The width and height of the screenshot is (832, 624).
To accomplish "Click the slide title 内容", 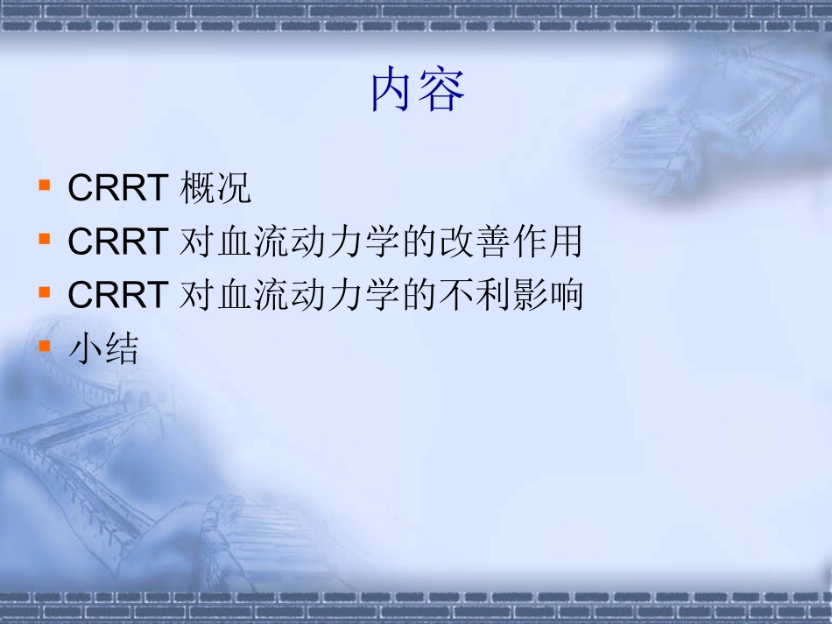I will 417,91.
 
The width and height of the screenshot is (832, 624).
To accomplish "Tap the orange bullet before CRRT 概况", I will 44,186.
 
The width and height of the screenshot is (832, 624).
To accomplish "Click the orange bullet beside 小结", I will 44,347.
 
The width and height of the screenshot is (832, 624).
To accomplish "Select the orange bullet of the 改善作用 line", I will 44,240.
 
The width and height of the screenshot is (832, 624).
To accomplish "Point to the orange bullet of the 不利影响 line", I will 44,294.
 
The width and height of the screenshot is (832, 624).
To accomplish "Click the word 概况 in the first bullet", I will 215,189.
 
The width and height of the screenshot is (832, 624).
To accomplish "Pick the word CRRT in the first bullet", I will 117,189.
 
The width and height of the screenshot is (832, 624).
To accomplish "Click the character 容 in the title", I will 441,91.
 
